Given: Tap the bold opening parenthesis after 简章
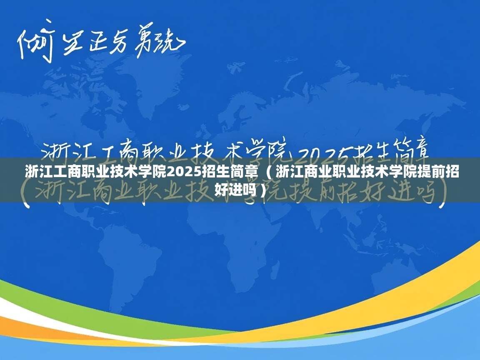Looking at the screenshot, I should [268, 171].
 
